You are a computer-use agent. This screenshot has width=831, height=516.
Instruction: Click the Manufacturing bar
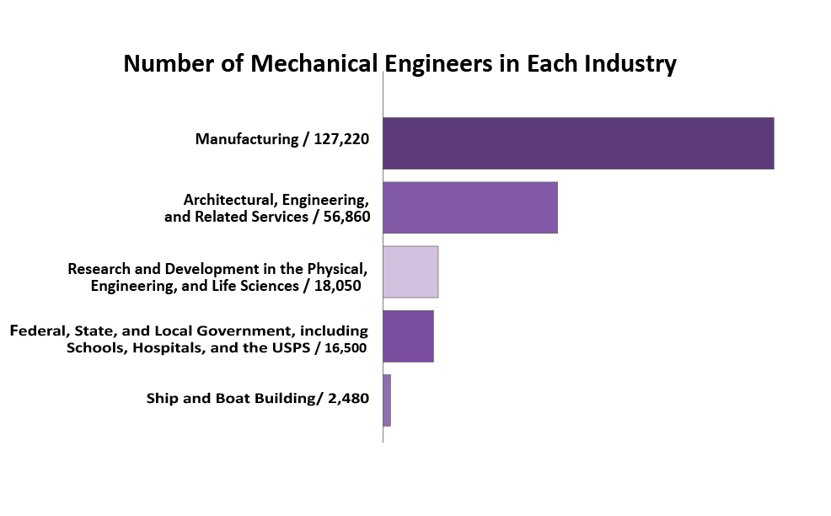(x=578, y=143)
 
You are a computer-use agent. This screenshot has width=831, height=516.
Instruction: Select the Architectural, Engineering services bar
(x=470, y=207)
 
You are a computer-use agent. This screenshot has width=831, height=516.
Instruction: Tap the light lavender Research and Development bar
(x=410, y=271)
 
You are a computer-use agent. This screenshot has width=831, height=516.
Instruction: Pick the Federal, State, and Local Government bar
(x=408, y=336)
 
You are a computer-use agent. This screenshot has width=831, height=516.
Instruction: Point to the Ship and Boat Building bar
(x=387, y=400)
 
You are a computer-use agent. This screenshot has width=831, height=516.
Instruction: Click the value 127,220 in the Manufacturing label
(x=341, y=138)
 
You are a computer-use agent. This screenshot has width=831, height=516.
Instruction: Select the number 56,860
(x=344, y=217)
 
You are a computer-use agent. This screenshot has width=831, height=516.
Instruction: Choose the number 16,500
(x=343, y=347)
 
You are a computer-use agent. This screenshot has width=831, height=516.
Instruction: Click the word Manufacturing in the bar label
(x=245, y=138)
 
